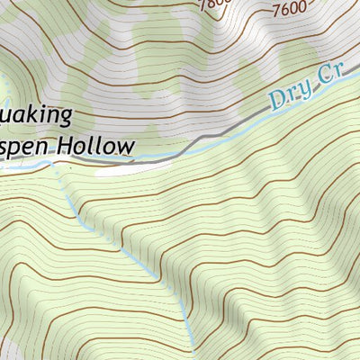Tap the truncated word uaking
pos(35,117)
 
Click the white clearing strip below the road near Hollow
pos(135,167)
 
